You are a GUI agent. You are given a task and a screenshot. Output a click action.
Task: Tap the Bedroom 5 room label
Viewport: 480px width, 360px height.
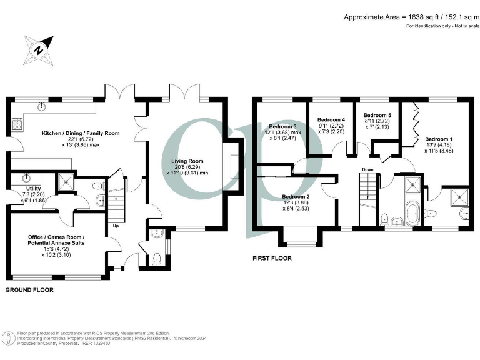(x=377, y=115)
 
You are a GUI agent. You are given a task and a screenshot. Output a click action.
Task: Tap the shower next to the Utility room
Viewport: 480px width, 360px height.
(x=65, y=182)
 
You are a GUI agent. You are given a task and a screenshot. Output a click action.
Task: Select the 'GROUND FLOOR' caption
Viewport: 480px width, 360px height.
(x=29, y=290)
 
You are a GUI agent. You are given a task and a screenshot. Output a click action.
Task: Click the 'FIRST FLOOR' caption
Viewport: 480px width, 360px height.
(x=272, y=257)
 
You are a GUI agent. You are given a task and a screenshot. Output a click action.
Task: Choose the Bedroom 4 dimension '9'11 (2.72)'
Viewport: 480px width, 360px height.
(x=331, y=126)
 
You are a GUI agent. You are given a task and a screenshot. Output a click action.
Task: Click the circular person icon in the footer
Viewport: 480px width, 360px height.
(x=9, y=337)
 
